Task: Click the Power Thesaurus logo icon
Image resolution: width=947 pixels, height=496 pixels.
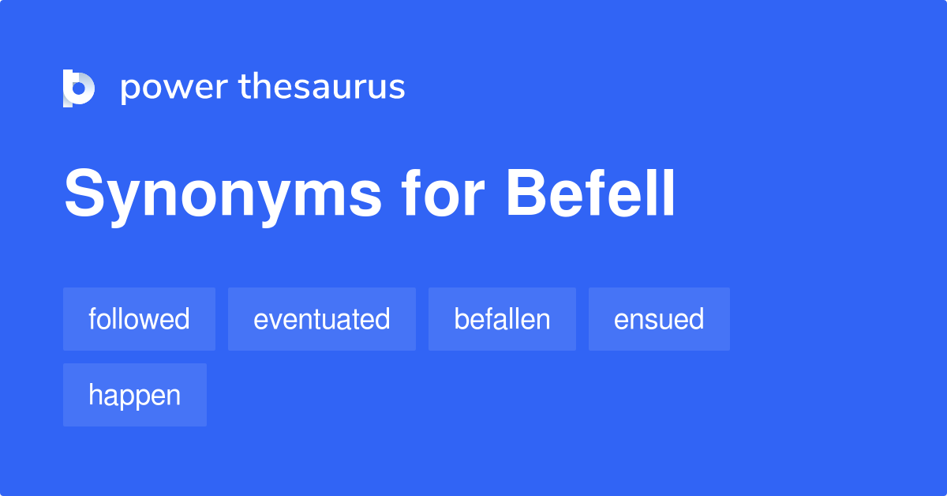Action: pyautogui.click(x=79, y=88)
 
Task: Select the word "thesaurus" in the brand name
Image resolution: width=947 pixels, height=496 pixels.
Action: pyautogui.click(x=322, y=87)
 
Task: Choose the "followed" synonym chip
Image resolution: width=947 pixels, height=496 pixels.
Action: pyautogui.click(x=139, y=319)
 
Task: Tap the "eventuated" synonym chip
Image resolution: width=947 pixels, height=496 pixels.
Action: pyautogui.click(x=321, y=319)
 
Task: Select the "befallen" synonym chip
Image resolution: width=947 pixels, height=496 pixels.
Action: pyautogui.click(x=502, y=319)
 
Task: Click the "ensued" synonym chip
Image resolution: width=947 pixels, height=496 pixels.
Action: pyautogui.click(x=659, y=319)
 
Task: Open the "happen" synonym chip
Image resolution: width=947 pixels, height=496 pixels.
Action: pyautogui.click(x=134, y=395)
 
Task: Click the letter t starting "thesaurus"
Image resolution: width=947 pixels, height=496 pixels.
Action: pyautogui.click(x=244, y=87)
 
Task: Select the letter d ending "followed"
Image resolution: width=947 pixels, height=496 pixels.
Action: pyautogui.click(x=182, y=319)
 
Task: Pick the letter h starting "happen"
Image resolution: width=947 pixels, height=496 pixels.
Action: pyautogui.click(x=95, y=395)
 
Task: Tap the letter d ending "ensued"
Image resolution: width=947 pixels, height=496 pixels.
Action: pyautogui.click(x=697, y=319)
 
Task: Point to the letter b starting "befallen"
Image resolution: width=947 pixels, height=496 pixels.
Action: pyautogui.click(x=461, y=319)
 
